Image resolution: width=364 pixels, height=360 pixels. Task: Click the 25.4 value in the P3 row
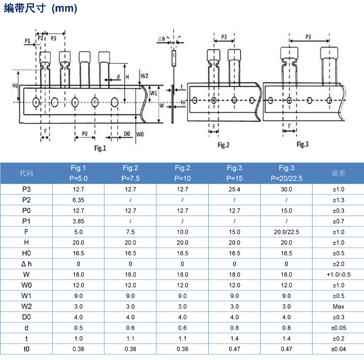point(234,189)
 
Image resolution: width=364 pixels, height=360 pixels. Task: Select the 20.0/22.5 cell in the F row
point(286,232)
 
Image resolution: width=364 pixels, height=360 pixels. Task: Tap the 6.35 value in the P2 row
point(78,200)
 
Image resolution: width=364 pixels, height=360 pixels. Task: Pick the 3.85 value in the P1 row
point(78,221)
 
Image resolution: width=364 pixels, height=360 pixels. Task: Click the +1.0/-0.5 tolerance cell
point(338,275)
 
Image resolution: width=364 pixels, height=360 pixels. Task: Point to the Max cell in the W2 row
point(338,306)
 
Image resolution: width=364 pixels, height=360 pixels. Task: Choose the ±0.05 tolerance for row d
point(338,328)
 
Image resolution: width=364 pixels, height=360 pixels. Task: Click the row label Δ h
point(26,264)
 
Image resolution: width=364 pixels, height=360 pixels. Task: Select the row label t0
point(26,349)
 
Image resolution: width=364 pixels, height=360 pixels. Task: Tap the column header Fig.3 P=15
point(234,173)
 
